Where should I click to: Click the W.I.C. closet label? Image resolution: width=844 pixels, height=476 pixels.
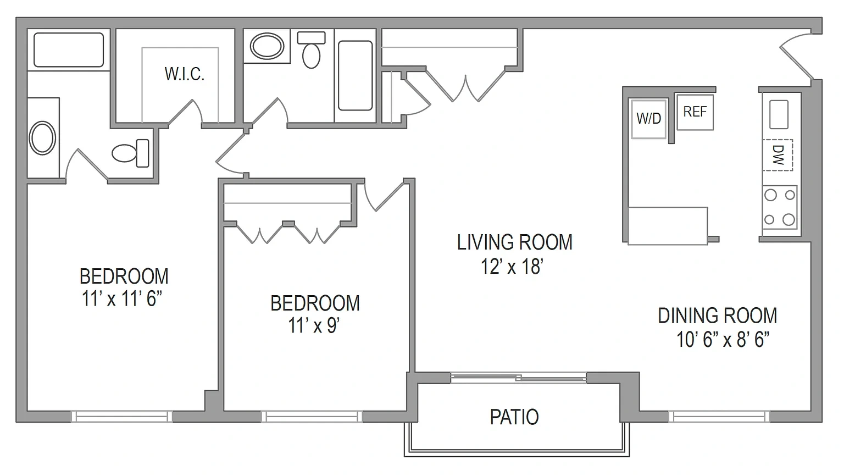coord(185,74)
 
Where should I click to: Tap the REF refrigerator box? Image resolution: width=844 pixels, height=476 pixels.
coord(695,112)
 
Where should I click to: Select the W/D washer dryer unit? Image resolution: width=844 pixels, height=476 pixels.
coord(648,119)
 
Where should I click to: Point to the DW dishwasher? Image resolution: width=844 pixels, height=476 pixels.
coord(778,155)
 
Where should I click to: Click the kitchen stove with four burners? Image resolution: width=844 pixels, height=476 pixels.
coord(780,207)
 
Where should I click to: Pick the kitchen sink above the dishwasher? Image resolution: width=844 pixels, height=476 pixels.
coord(779,114)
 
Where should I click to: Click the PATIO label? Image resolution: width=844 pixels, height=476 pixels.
coord(514,417)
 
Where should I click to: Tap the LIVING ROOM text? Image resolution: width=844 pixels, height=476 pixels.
coord(515,242)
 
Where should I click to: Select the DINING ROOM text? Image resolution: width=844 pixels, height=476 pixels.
coord(718,316)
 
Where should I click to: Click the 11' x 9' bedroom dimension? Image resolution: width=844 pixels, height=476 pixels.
coord(314,325)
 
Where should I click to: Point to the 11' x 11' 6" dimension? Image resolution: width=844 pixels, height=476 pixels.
coord(121,299)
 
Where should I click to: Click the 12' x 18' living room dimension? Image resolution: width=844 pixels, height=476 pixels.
coord(512,267)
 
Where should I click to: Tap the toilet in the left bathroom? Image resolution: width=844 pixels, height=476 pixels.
coord(130,153)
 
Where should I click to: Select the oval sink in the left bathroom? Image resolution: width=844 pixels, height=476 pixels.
coord(42,137)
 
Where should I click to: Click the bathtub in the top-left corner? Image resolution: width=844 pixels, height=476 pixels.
coord(69,50)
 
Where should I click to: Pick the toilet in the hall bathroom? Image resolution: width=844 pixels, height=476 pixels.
coord(311,50)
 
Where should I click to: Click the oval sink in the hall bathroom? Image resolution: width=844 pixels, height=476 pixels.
coord(267,46)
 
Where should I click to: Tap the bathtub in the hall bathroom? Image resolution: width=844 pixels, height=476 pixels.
coord(356,75)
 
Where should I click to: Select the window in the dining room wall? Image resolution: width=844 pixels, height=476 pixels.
coord(719,417)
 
